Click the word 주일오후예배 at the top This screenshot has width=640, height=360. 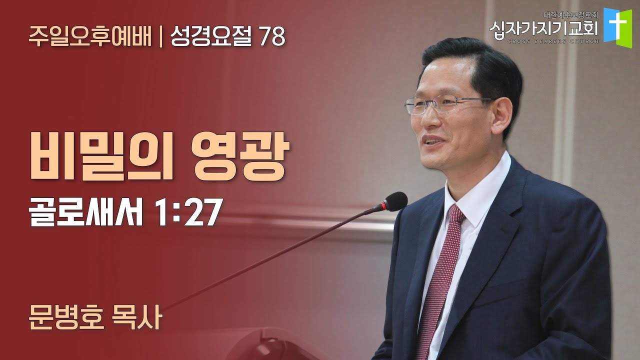click(90, 37)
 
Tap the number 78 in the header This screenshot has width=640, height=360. click(272, 37)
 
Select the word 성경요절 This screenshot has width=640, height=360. click(211, 37)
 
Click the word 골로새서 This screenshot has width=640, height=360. click(85, 211)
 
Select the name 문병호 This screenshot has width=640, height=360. click(66, 318)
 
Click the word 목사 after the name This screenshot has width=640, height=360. click(137, 318)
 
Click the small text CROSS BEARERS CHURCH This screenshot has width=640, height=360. click(553, 41)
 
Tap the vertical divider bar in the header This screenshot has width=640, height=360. click(161, 37)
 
